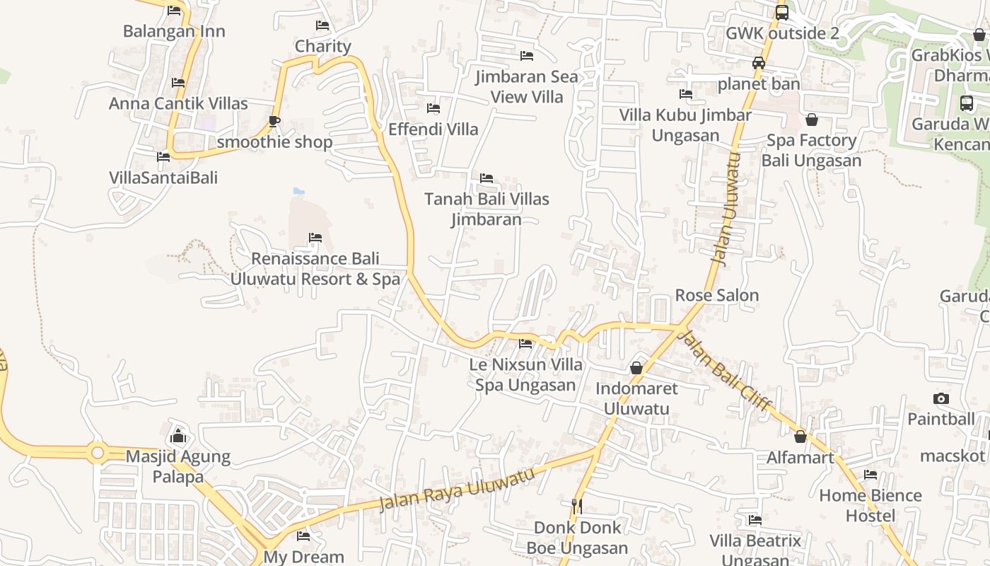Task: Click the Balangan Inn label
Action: click(174, 31)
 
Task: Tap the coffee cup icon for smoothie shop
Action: click(274, 121)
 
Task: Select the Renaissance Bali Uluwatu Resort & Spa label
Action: click(315, 269)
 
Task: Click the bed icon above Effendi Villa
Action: click(433, 108)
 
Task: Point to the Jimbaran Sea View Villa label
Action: click(527, 86)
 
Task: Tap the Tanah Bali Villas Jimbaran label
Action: click(487, 209)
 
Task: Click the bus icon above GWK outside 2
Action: click(782, 12)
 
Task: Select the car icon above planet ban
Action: click(759, 63)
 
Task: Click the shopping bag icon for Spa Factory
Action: click(812, 120)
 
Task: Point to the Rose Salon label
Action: click(717, 295)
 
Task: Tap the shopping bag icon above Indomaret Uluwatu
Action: click(636, 368)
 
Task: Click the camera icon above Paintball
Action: click(941, 398)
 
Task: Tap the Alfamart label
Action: click(800, 458)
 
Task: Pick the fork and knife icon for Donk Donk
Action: click(577, 506)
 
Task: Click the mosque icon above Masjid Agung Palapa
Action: click(178, 435)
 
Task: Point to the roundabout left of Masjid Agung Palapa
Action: click(97, 451)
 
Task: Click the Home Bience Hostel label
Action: click(870, 505)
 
